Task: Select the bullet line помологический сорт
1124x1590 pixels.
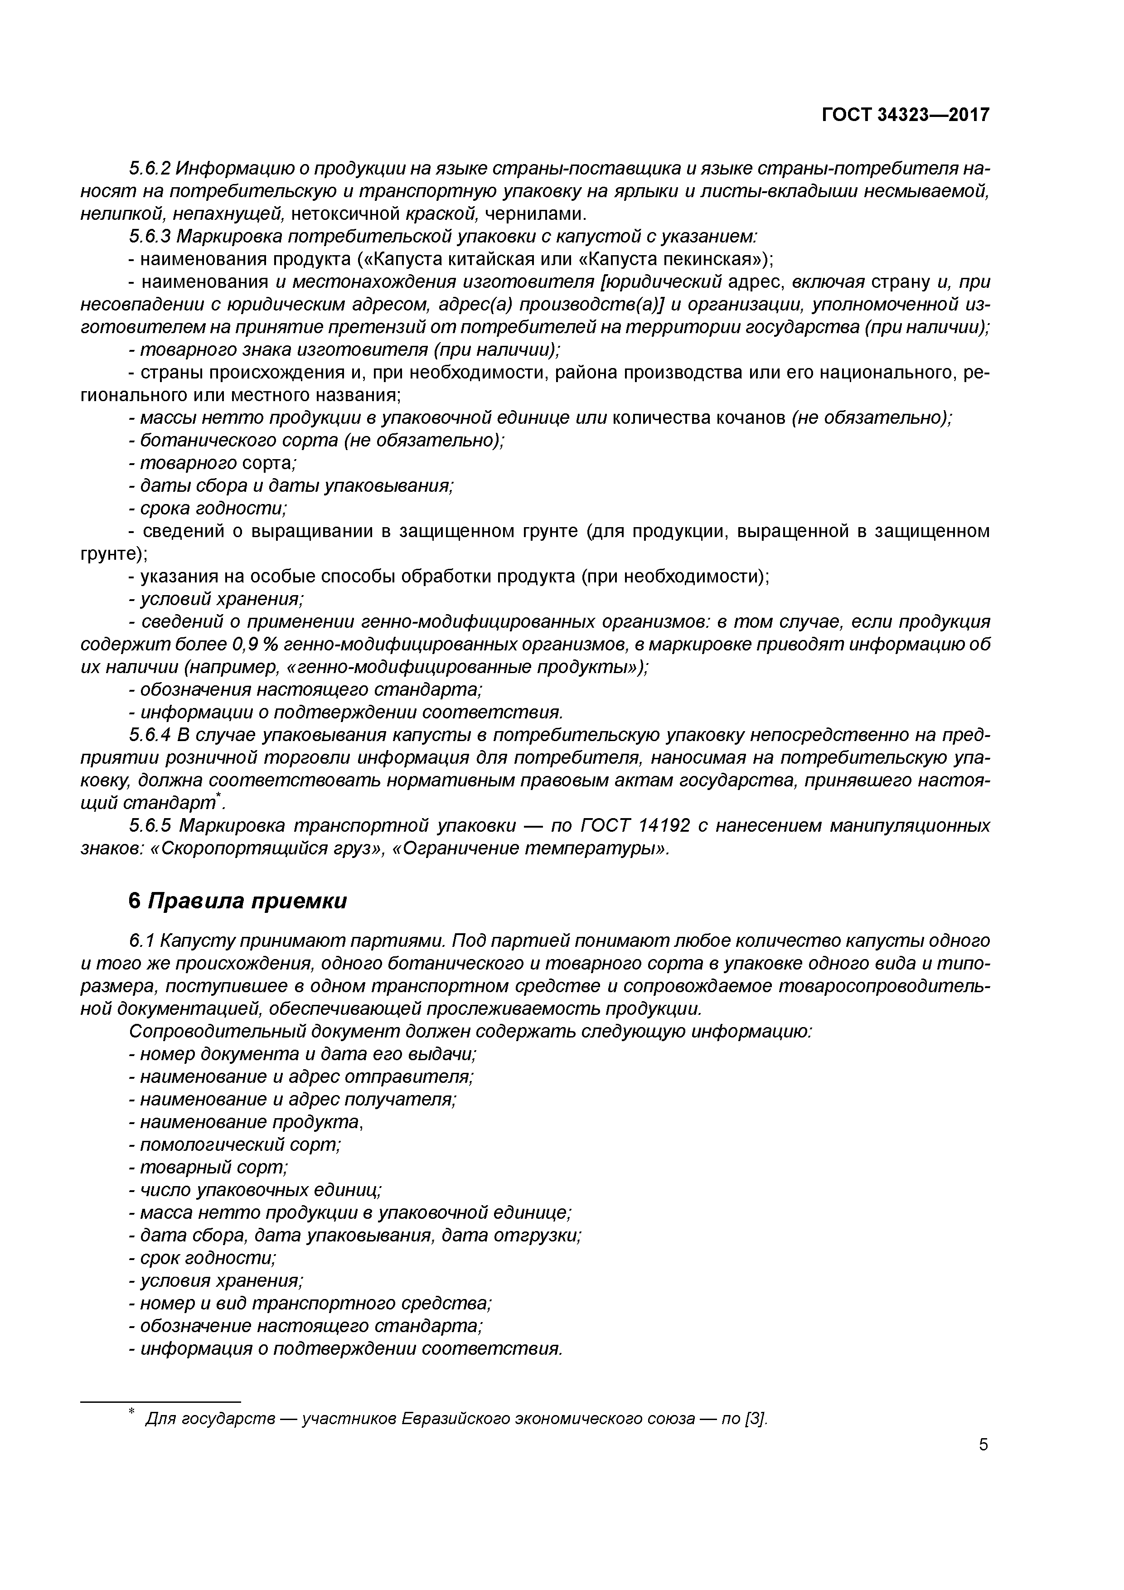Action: (239, 1145)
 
